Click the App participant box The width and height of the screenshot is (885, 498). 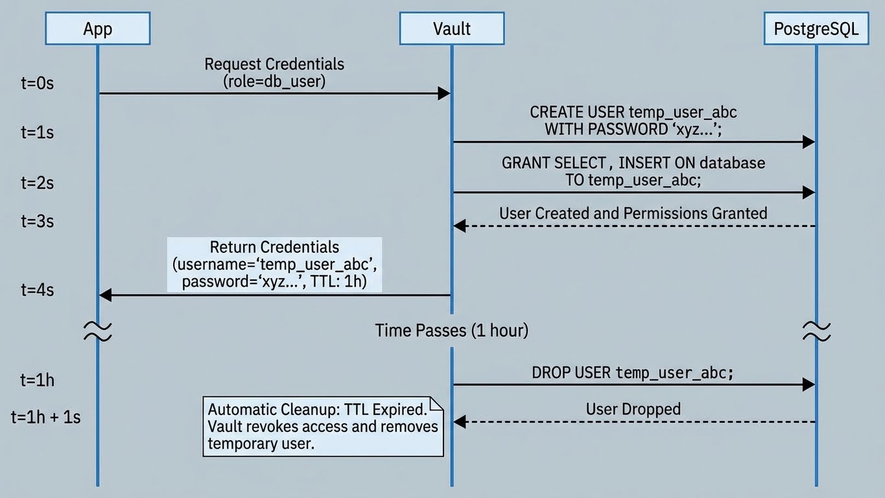(97, 29)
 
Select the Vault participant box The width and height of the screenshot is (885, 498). (451, 29)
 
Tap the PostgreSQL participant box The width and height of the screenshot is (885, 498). (816, 29)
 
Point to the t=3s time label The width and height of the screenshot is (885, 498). (36, 221)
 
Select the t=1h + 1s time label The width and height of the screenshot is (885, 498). (45, 417)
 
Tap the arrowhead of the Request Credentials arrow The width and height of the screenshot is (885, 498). (444, 93)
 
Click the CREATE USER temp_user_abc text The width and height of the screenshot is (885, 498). (633, 112)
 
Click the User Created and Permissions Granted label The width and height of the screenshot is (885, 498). (633, 213)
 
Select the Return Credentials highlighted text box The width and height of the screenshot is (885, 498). (274, 264)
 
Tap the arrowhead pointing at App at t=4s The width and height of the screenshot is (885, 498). (105, 295)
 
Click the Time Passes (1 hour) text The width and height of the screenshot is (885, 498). (451, 331)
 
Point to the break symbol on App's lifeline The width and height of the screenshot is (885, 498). (97, 331)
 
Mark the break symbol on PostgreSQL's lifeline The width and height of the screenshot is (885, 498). (816, 331)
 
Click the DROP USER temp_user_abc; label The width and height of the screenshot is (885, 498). (633, 372)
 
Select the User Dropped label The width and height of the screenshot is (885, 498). (633, 409)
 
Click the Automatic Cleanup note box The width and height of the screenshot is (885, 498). (323, 427)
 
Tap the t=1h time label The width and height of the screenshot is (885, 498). (36, 380)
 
